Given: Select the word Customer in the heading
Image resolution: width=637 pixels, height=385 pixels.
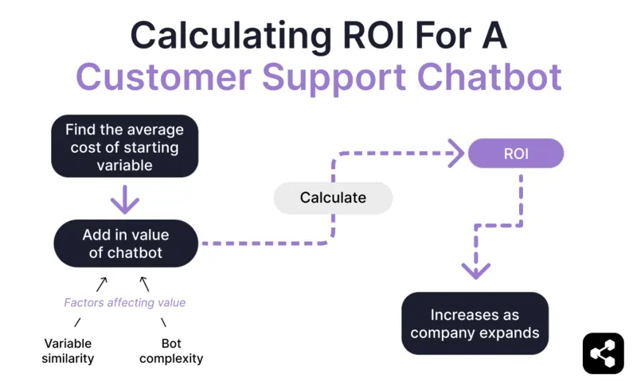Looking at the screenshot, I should click(x=163, y=76).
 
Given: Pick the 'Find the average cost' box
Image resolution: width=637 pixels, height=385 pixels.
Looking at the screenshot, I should click(x=124, y=148).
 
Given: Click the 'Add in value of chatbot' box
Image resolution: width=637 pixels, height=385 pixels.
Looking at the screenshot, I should click(x=125, y=243).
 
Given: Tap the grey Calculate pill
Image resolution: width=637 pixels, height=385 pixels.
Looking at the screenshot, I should click(x=333, y=198).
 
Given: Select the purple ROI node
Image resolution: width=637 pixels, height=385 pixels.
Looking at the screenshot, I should click(x=515, y=153).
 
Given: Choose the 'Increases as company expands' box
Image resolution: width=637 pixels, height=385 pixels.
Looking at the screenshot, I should click(x=475, y=323).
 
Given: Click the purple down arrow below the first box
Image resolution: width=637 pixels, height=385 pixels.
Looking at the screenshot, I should click(x=124, y=199).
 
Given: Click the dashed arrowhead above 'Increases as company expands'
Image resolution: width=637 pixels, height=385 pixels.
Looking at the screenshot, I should click(x=476, y=270).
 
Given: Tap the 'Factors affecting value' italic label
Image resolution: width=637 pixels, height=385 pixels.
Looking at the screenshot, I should click(x=124, y=302).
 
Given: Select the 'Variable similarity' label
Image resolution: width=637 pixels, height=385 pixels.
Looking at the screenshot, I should click(x=68, y=351).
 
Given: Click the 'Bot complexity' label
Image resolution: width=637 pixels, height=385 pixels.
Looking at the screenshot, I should click(x=171, y=351).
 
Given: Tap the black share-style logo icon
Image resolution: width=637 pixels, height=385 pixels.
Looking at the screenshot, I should click(x=603, y=352).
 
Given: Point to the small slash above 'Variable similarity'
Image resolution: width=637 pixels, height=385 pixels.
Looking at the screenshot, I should click(x=77, y=322).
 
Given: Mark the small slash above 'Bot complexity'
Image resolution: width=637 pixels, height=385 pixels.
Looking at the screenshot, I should click(x=164, y=322).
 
